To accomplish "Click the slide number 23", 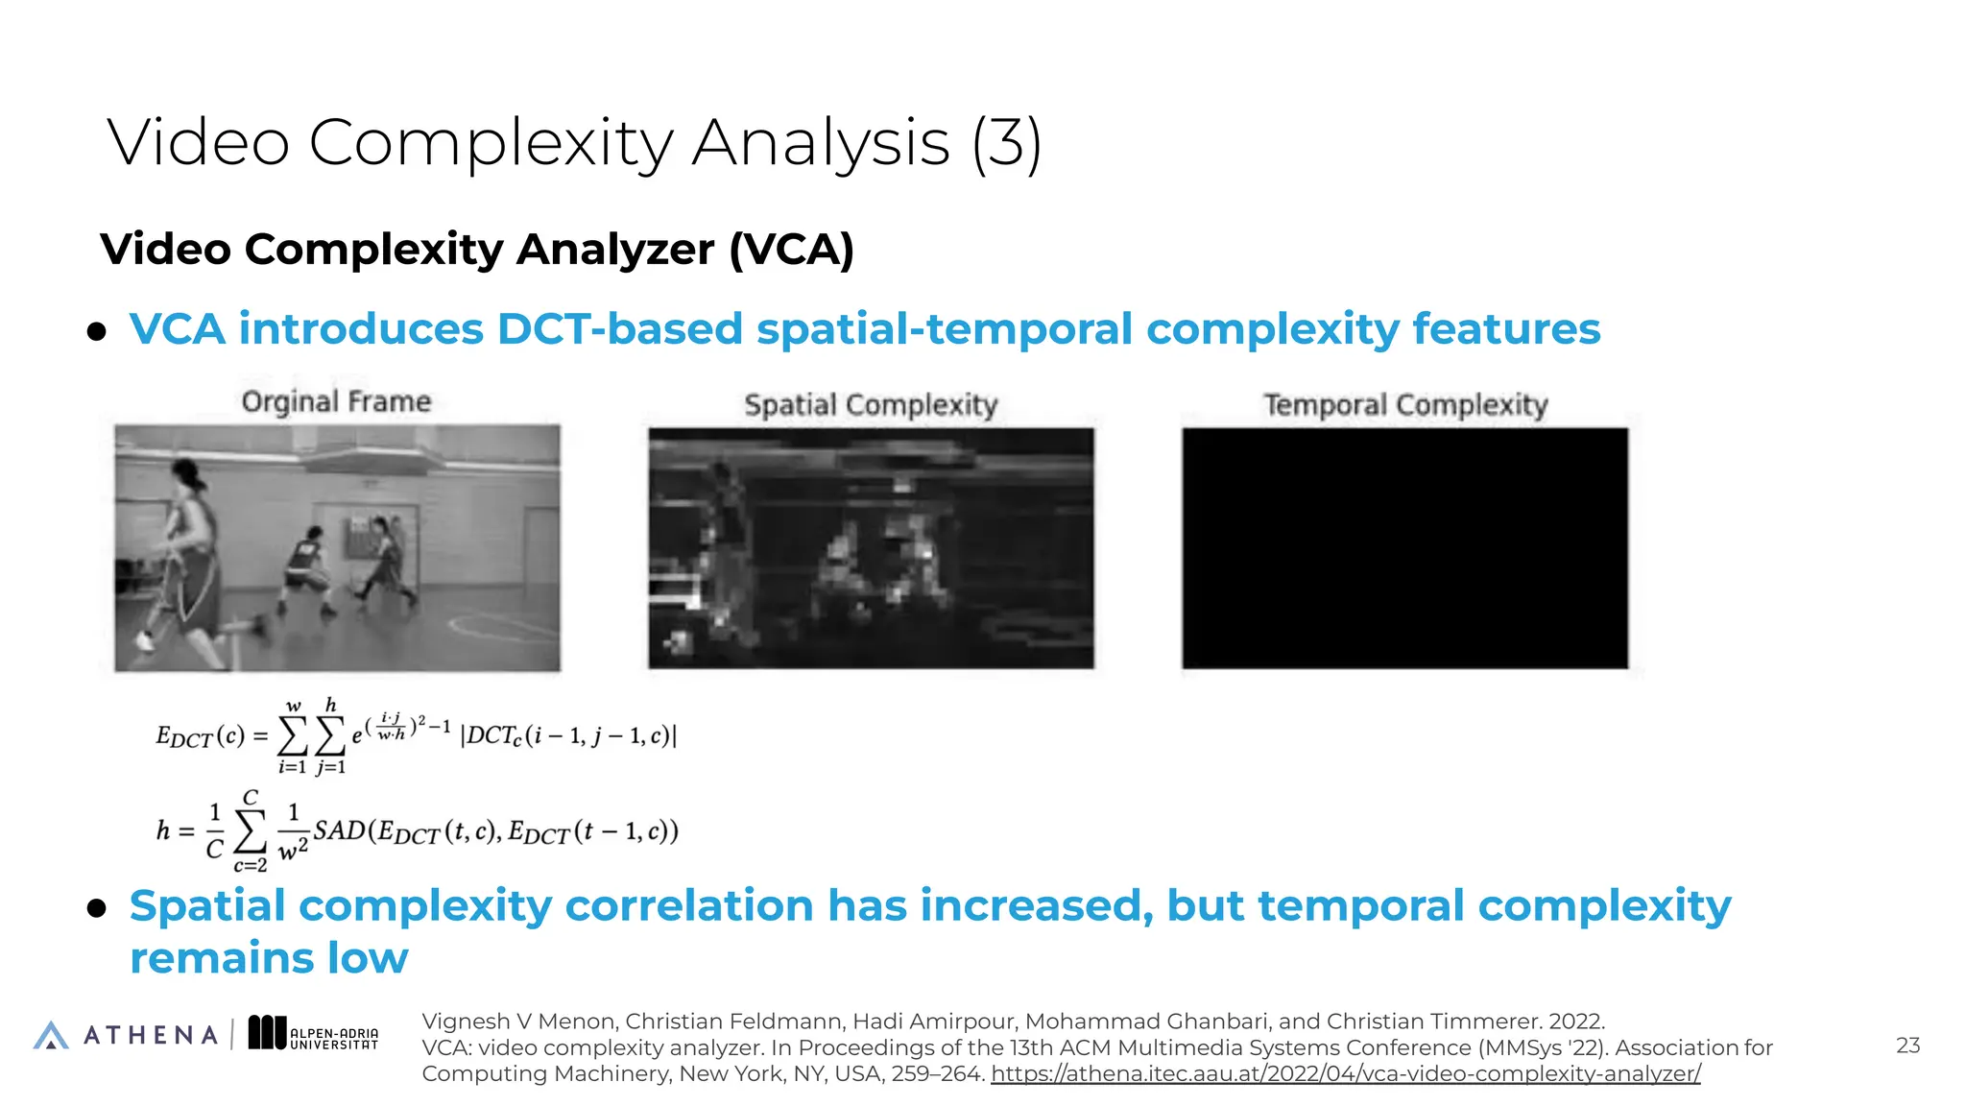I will point(1907,1046).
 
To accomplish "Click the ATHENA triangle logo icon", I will point(51,1035).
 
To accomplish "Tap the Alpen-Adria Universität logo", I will point(313,1034).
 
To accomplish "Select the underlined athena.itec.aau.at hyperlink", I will point(1345,1074).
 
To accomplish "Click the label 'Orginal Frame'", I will point(336,401).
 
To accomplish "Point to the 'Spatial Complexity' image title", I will point(871,405).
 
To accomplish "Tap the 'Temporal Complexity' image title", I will point(1405,405).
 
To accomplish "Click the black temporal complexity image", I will point(1404,548).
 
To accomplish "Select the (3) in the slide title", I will point(1006,143).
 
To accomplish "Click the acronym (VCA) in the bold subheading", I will point(791,250).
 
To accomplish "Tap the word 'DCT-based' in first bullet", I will point(619,329).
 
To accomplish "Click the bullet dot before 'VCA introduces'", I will point(96,332).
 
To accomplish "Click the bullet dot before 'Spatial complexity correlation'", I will point(96,909).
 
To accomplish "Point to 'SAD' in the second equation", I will point(340,830).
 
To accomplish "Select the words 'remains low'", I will point(269,958).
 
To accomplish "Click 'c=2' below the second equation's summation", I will point(250,866).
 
